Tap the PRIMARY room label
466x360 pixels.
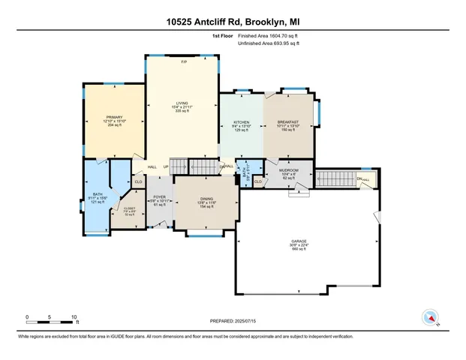click(114, 118)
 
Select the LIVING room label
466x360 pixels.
click(182, 103)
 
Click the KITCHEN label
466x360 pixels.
click(241, 121)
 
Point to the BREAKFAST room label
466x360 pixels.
click(288, 121)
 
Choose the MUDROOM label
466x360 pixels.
click(290, 170)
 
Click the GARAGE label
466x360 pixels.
click(299, 241)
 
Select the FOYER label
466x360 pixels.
click(159, 197)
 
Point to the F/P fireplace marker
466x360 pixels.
click(183, 61)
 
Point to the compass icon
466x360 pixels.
click(431, 316)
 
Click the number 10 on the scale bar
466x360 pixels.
click(74, 316)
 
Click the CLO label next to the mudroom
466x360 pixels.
click(257, 181)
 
